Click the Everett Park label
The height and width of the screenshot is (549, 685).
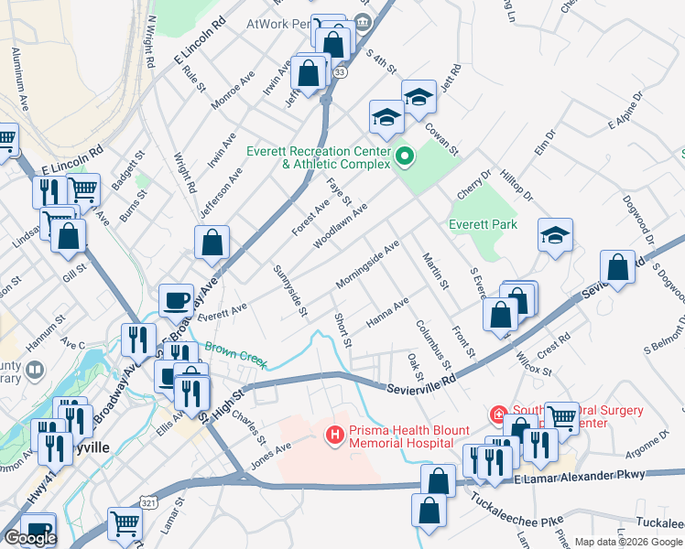click(483, 224)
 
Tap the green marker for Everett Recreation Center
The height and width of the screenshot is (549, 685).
click(404, 157)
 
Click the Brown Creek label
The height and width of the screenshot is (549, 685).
click(236, 355)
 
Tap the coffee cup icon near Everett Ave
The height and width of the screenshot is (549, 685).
click(176, 300)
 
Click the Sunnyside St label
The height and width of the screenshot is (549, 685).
click(290, 292)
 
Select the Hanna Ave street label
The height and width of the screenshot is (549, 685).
click(387, 314)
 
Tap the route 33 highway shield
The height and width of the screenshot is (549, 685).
click(341, 72)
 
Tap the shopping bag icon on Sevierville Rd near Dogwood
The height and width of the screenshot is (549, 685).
click(617, 268)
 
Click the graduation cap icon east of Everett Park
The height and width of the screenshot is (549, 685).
click(555, 236)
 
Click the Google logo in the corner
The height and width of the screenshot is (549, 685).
click(30, 538)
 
